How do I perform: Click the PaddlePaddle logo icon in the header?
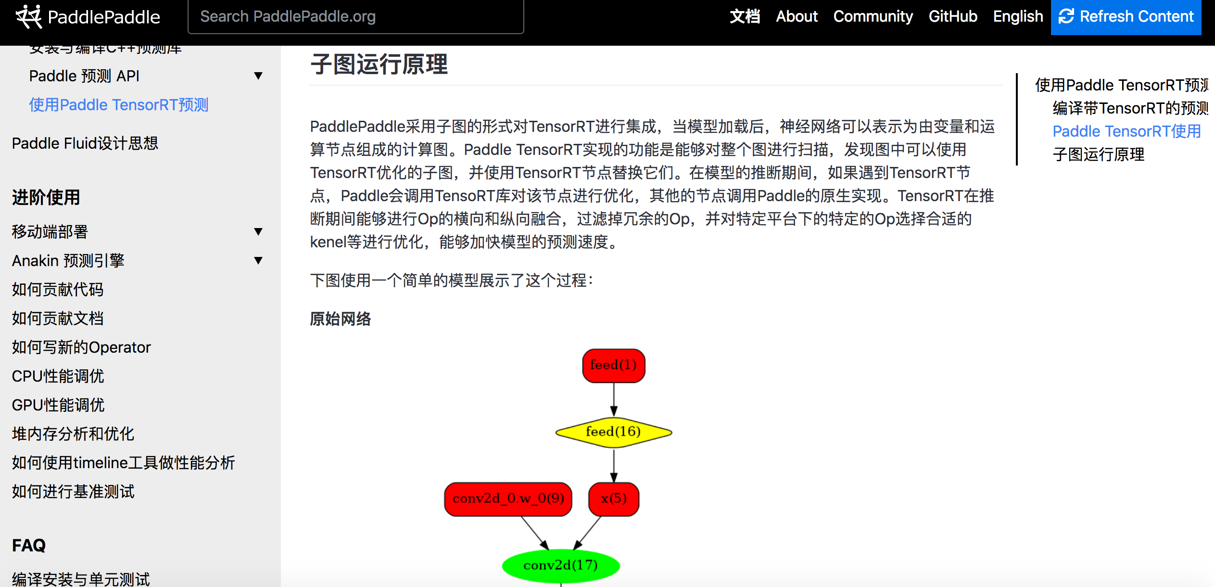[x=28, y=16]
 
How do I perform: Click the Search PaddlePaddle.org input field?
[x=355, y=17]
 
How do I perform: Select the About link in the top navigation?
[x=797, y=16]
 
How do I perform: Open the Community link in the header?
[x=873, y=16]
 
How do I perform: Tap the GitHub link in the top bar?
[x=952, y=16]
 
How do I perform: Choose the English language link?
[x=1018, y=16]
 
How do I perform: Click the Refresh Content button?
[x=1126, y=16]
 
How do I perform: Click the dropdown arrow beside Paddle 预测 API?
[x=258, y=76]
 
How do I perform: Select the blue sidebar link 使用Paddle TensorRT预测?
[x=118, y=105]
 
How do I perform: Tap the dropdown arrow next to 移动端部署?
[x=258, y=232]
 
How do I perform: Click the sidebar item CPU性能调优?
[x=58, y=376]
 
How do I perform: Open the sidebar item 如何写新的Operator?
[x=81, y=347]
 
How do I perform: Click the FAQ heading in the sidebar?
[x=29, y=545]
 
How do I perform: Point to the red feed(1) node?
[x=613, y=366]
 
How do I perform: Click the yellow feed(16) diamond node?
[x=613, y=432]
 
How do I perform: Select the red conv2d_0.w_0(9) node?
[x=508, y=499]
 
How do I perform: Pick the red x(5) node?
[x=614, y=499]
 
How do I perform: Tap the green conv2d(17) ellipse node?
[x=560, y=565]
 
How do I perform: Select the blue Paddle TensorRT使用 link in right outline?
[x=1126, y=131]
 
